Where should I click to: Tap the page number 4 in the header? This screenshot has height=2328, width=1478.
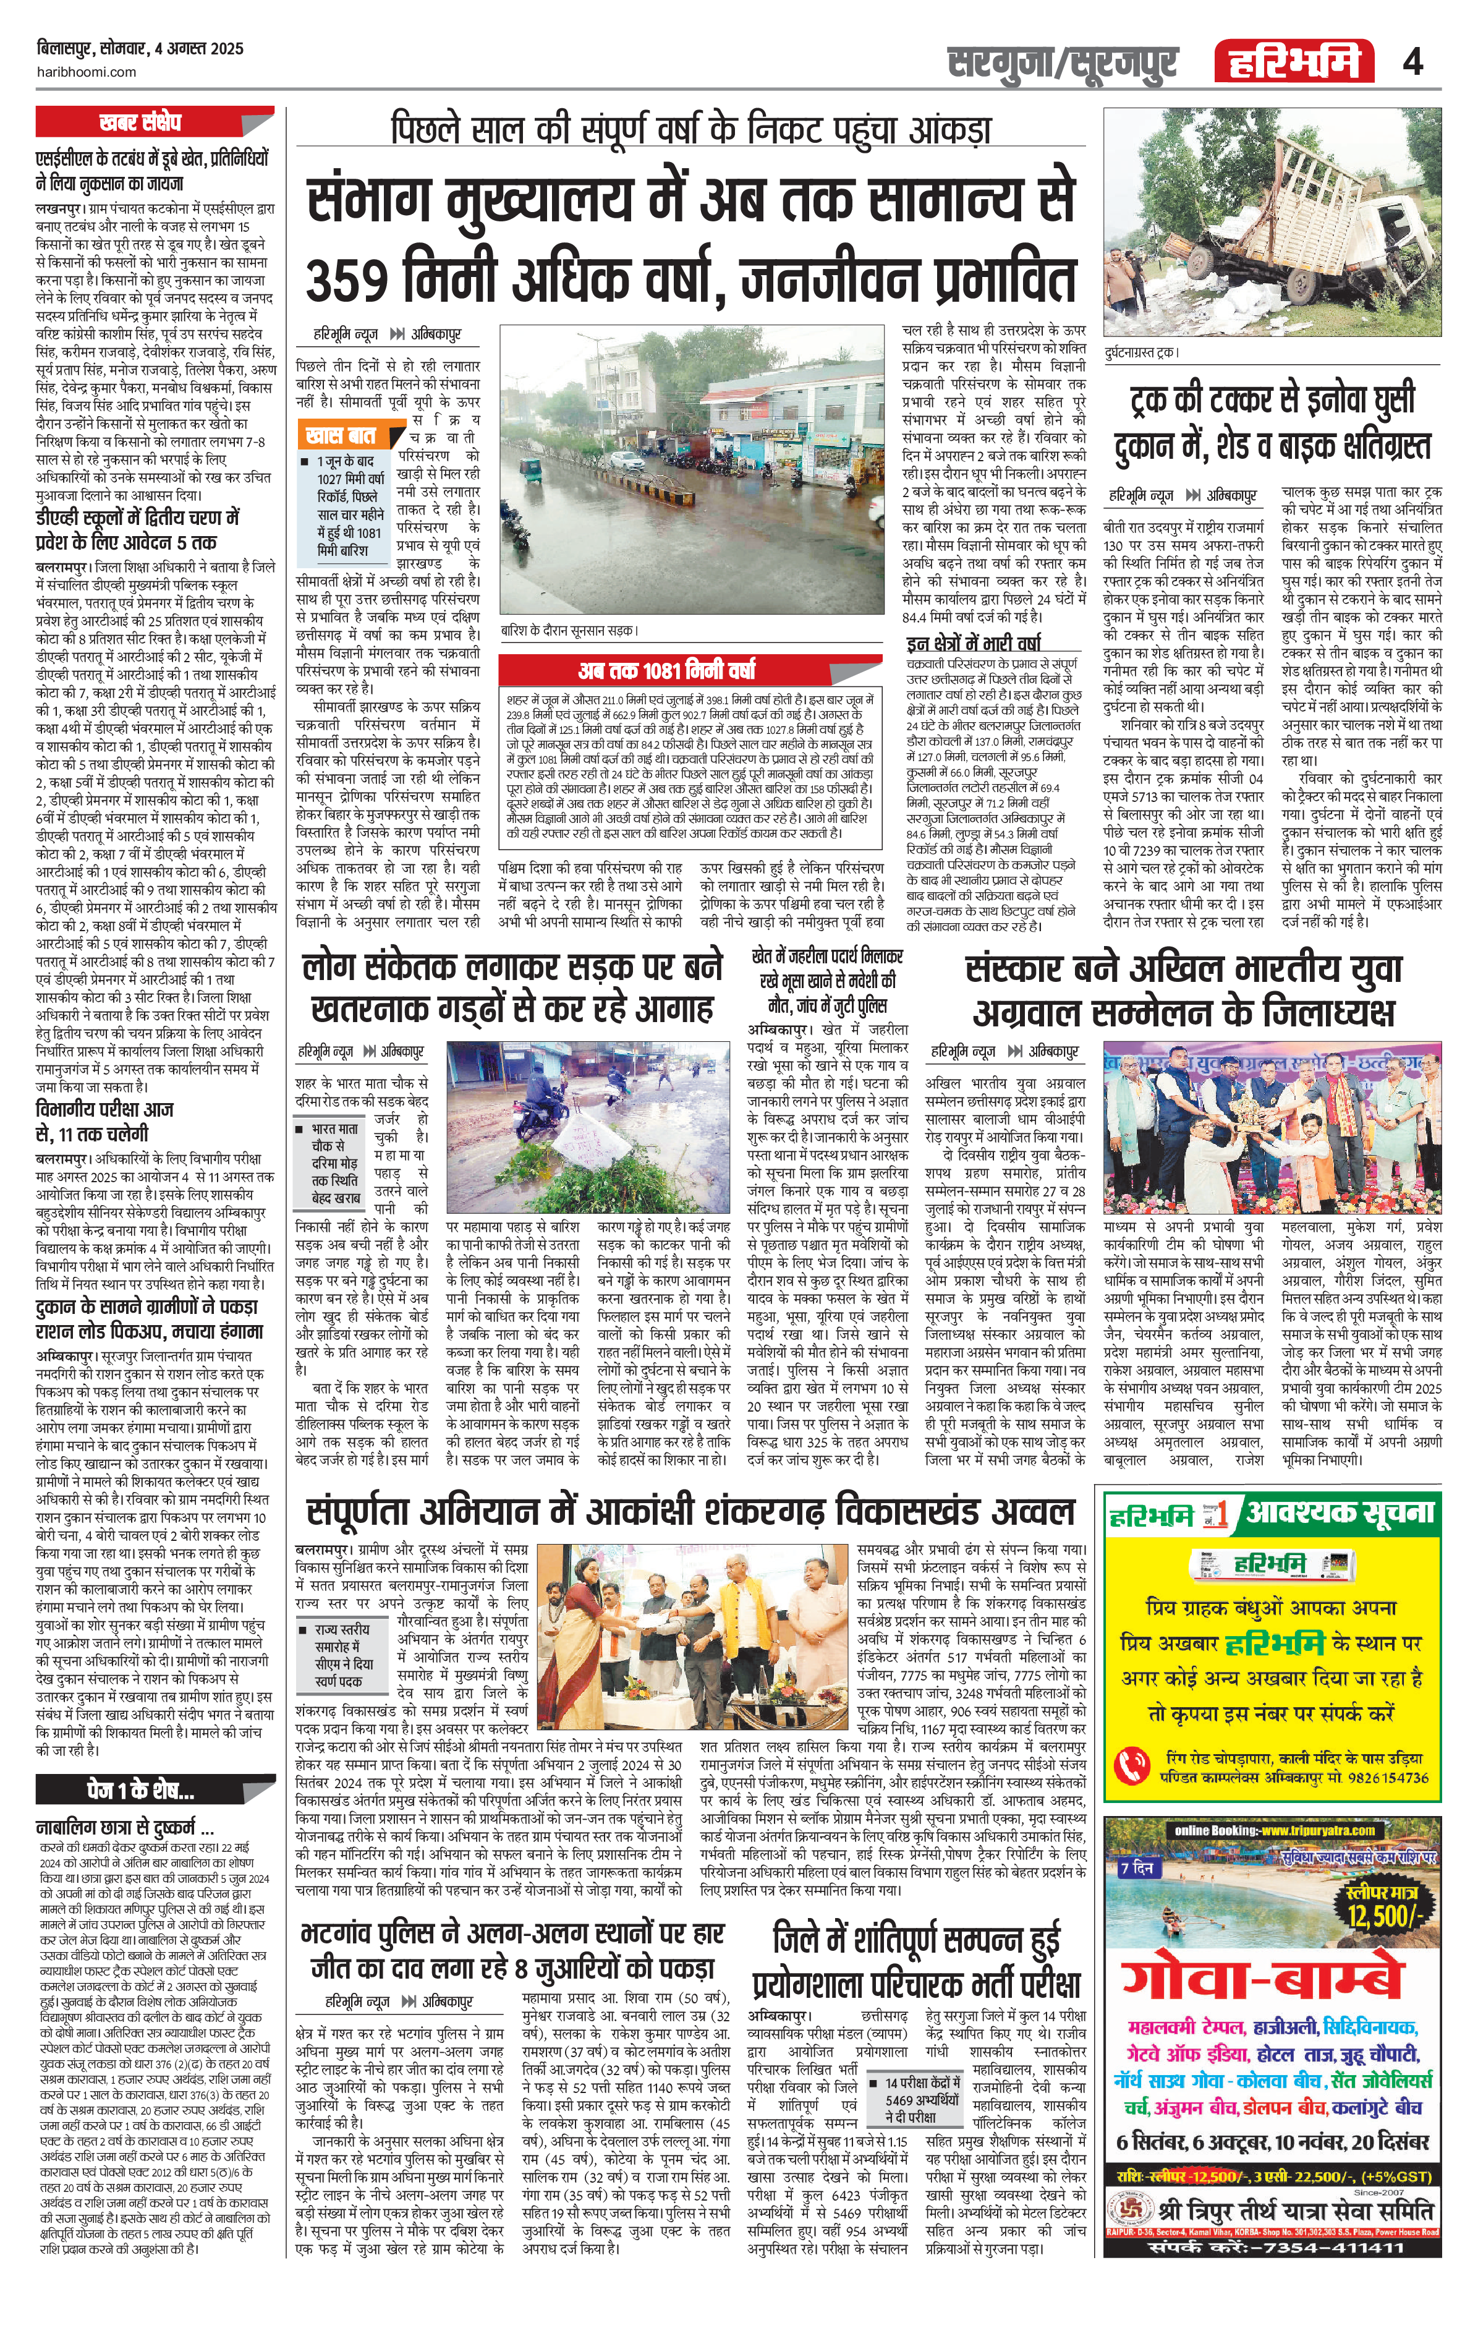pyautogui.click(x=1412, y=63)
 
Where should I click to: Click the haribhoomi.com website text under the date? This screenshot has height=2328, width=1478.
pyautogui.click(x=87, y=72)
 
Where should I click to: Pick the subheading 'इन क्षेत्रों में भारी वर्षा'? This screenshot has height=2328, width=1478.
pyautogui.click(x=974, y=643)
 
